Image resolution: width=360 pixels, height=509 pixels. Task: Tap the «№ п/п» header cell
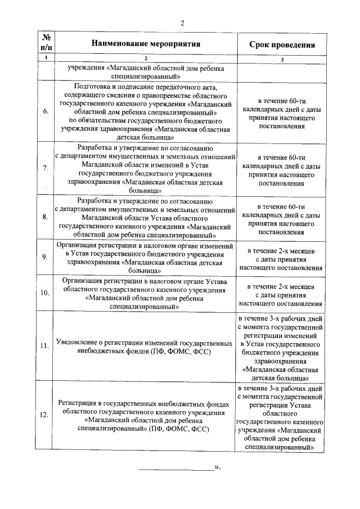coord(45,44)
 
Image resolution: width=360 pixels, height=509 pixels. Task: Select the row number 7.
coord(45,168)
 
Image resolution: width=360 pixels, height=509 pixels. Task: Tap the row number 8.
coord(45,217)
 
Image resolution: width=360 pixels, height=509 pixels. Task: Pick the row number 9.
coord(45,257)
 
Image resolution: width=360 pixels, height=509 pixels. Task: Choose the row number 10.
coord(45,293)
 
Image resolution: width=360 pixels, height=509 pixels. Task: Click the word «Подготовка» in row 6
coord(93,87)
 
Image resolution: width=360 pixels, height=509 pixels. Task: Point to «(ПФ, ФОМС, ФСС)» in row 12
coord(179,429)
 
